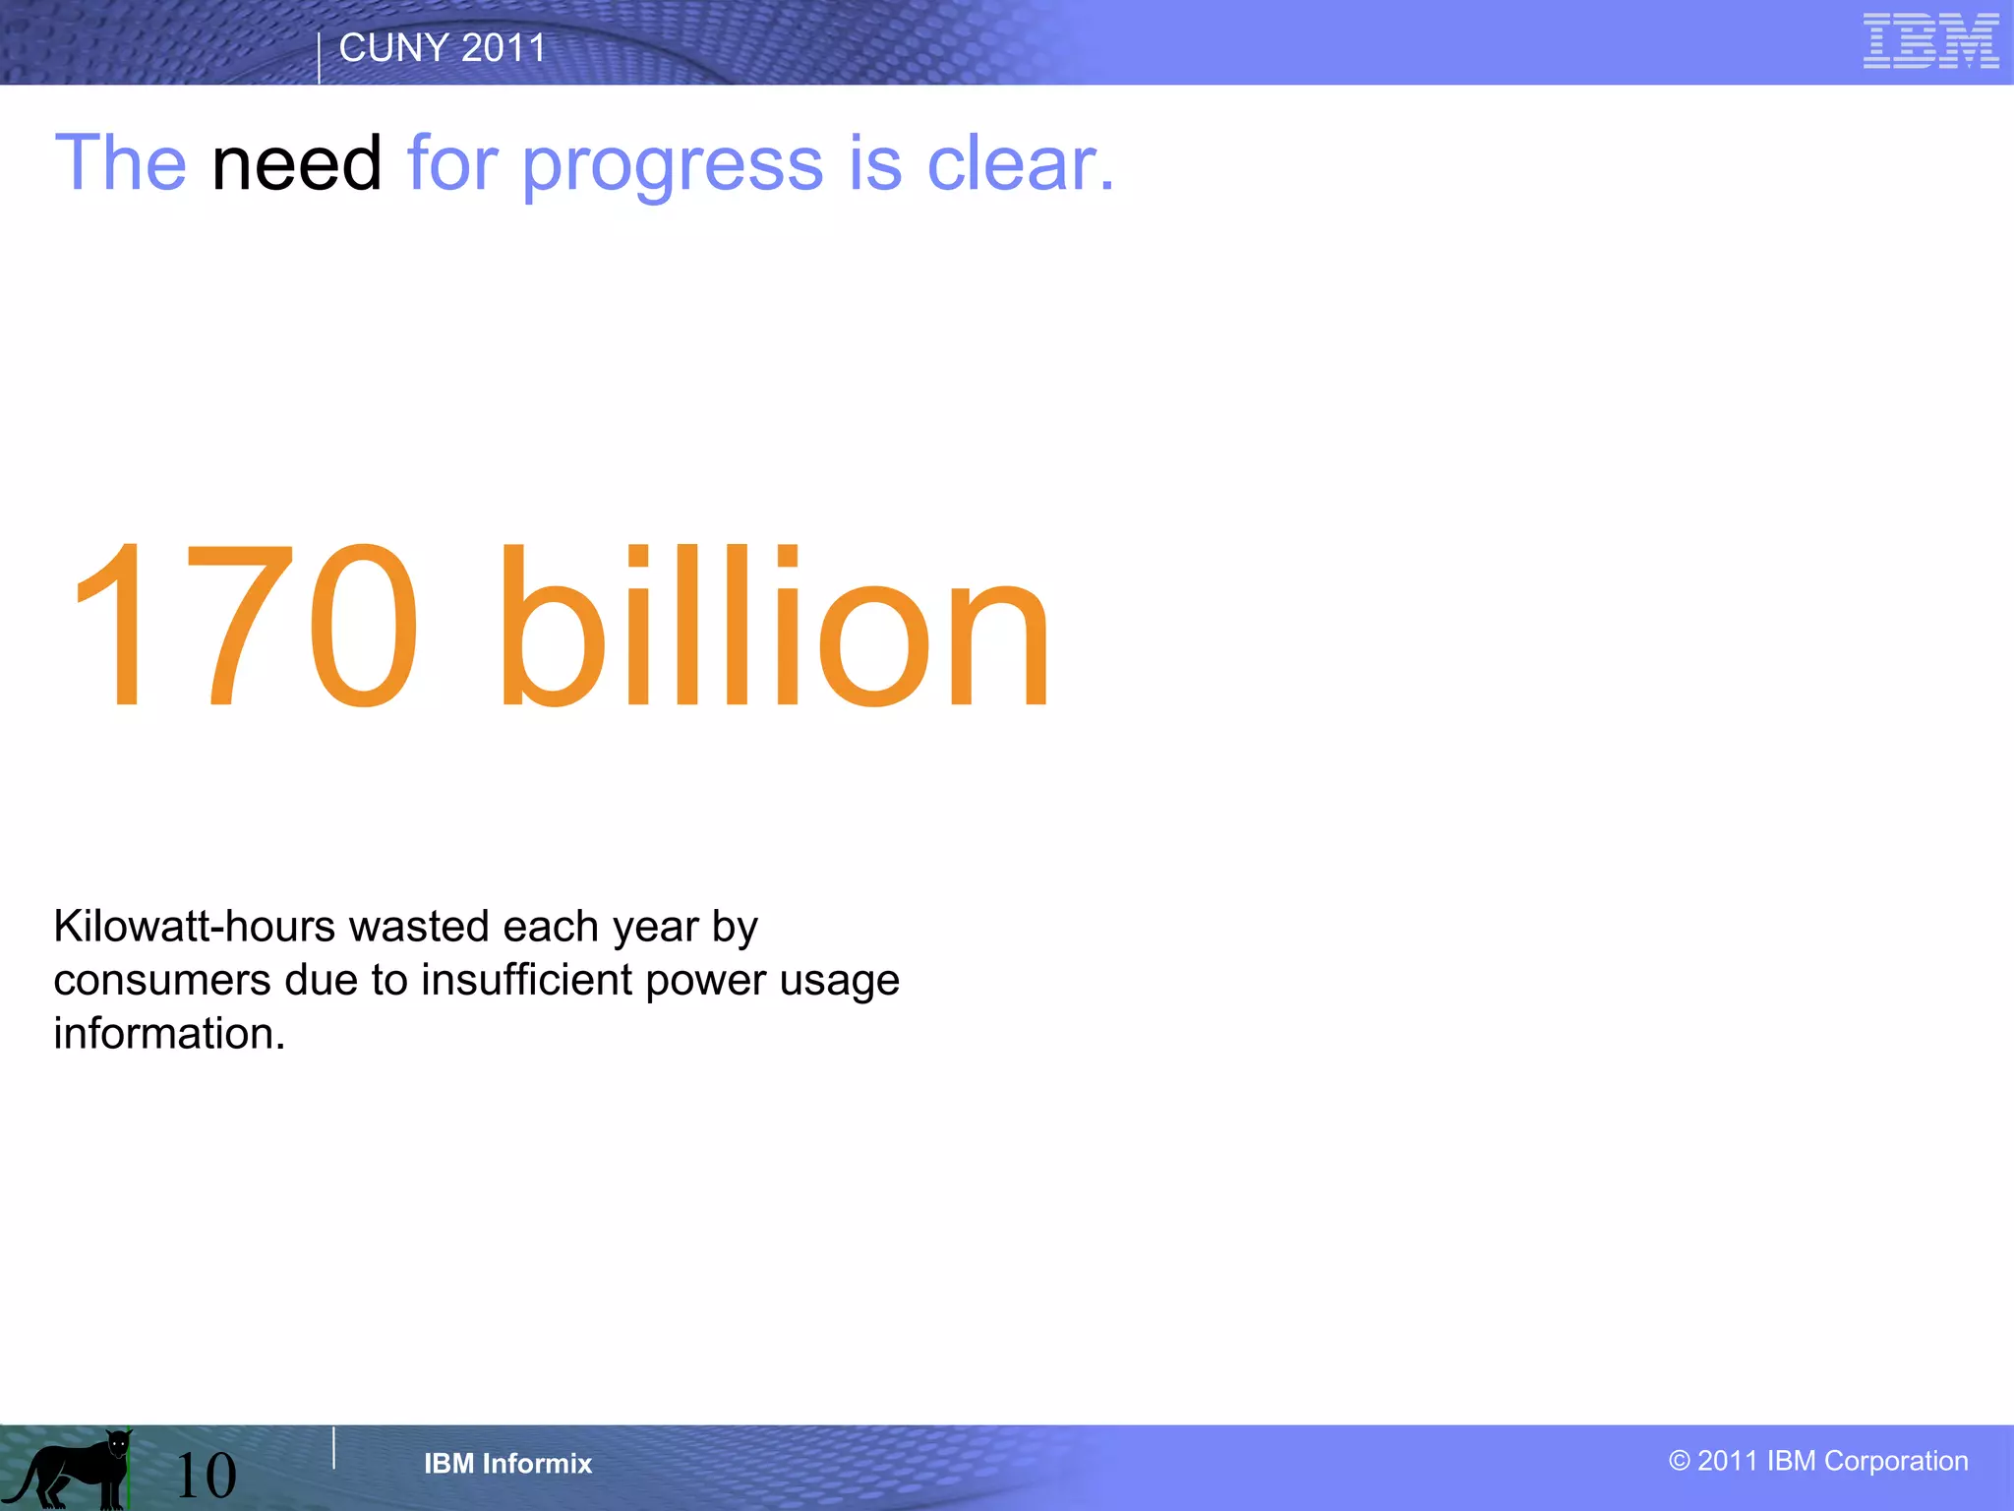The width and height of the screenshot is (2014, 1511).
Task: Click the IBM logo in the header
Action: pyautogui.click(x=1930, y=41)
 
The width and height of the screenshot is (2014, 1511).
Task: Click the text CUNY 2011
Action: pyautogui.click(x=443, y=48)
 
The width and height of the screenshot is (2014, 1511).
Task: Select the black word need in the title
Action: pyautogui.click(x=296, y=164)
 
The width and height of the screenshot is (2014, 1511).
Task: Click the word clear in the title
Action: pyautogui.click(x=1019, y=164)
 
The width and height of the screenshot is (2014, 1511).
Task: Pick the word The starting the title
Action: pyautogui.click(x=120, y=163)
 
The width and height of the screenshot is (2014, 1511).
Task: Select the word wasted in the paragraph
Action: pyautogui.click(x=419, y=927)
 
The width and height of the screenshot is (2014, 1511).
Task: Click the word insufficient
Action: pyautogui.click(x=527, y=981)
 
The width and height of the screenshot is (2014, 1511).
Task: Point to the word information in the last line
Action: pyautogui.click(x=168, y=1034)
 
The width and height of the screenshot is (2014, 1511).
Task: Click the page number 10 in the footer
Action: pyautogui.click(x=206, y=1475)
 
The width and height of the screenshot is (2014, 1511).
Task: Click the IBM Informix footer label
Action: pyautogui.click(x=507, y=1464)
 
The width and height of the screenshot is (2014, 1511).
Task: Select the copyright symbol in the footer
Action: pyautogui.click(x=1679, y=1461)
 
